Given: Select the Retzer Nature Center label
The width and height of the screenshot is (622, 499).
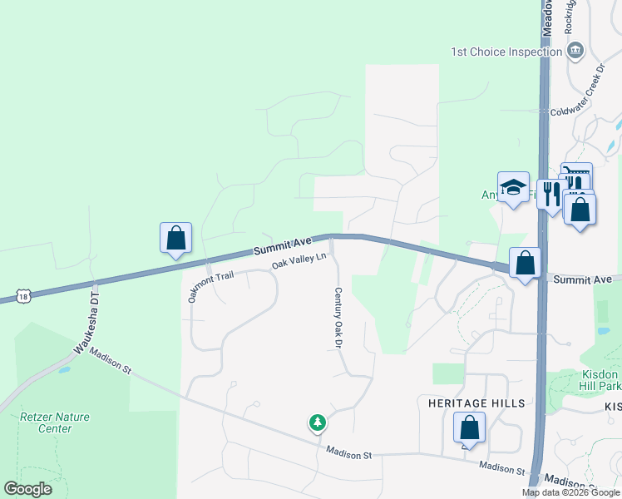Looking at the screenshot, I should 55,422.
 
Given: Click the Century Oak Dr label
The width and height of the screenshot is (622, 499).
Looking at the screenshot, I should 338,318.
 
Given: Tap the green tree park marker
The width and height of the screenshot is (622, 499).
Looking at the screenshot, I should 317,424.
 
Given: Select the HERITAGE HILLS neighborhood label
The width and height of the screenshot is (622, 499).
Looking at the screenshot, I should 476,403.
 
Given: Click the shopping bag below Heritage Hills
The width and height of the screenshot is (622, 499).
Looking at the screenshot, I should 469,428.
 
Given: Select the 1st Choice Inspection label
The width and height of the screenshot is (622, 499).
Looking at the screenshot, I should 506,52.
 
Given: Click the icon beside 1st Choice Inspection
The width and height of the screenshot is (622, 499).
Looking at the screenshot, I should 575,52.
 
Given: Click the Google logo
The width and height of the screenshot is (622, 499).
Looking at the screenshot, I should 28,489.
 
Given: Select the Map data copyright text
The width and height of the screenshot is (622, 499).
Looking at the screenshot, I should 570,492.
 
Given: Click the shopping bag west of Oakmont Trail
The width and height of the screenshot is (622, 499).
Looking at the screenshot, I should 175,239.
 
